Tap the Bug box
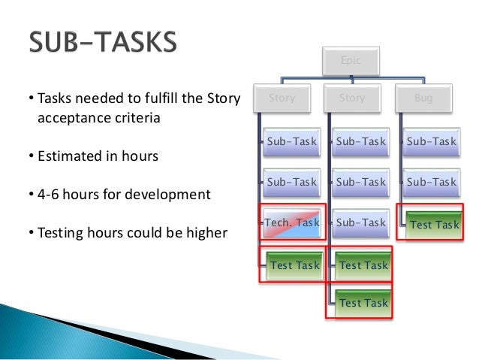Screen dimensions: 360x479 click(x=423, y=98)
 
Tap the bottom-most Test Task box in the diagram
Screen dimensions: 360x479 click(x=363, y=302)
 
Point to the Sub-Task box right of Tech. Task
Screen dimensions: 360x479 click(x=361, y=222)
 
